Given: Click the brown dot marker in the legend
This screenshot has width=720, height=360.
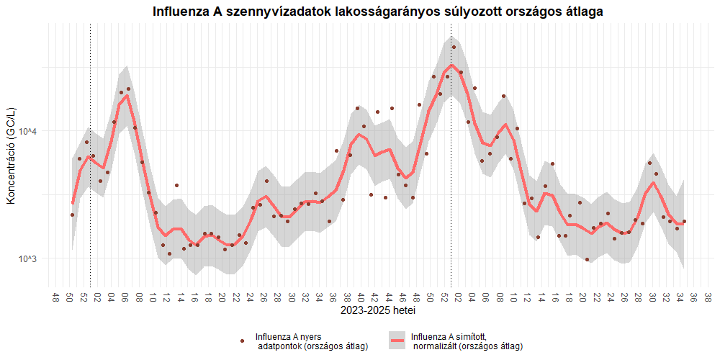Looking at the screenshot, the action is coord(242,341).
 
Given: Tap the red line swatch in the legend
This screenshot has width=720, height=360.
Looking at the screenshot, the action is coord(397,341).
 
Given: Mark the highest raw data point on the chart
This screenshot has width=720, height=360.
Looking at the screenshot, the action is coord(454,47).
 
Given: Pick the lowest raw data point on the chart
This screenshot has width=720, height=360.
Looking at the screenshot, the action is coord(587,259).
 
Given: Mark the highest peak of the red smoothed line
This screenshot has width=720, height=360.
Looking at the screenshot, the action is coord(451,66).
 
